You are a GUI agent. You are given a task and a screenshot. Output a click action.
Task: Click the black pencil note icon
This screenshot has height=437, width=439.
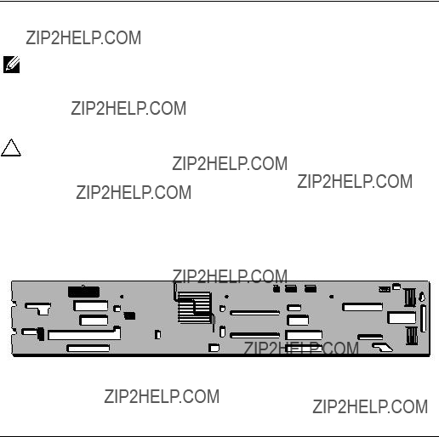(11, 65)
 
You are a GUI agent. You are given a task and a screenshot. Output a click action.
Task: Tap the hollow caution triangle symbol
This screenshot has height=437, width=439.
(11, 148)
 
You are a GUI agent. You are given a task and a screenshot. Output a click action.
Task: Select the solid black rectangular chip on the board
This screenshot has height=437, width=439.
(83, 292)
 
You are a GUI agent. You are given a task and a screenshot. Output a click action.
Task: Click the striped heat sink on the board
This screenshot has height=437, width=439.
(195, 308)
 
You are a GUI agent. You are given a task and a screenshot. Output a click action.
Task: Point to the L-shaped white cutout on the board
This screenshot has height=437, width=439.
(38, 309)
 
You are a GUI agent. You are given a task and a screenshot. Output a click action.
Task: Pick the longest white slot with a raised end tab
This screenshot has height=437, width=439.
(84, 333)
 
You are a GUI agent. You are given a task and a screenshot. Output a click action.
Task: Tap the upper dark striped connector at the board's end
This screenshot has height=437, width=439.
(409, 298)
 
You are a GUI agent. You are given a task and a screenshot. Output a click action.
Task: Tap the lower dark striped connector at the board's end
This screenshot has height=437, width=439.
(412, 336)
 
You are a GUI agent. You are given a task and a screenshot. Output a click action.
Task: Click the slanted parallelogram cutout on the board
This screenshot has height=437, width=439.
(383, 347)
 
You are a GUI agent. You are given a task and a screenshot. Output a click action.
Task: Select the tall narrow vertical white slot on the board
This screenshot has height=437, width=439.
(424, 319)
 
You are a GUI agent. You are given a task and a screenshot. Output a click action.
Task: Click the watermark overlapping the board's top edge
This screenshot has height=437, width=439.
(230, 276)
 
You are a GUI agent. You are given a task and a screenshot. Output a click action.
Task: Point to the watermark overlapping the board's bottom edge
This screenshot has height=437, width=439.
(301, 349)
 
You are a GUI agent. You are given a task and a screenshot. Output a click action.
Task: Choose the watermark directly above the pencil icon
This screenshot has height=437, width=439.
(83, 37)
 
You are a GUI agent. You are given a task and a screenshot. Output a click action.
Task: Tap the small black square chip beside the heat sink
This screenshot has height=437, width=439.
(129, 315)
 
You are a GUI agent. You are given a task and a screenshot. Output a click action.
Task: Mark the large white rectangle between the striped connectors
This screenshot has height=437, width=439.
(402, 318)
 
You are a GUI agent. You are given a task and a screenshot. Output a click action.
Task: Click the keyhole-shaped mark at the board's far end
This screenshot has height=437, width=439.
(422, 297)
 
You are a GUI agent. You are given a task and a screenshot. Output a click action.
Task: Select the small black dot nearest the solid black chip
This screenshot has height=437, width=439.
(122, 297)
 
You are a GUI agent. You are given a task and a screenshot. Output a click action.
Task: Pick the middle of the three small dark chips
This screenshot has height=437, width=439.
(291, 288)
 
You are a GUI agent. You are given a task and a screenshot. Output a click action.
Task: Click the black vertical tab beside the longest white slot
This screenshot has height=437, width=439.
(41, 334)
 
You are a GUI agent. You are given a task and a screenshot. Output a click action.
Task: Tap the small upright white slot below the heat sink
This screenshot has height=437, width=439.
(223, 332)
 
